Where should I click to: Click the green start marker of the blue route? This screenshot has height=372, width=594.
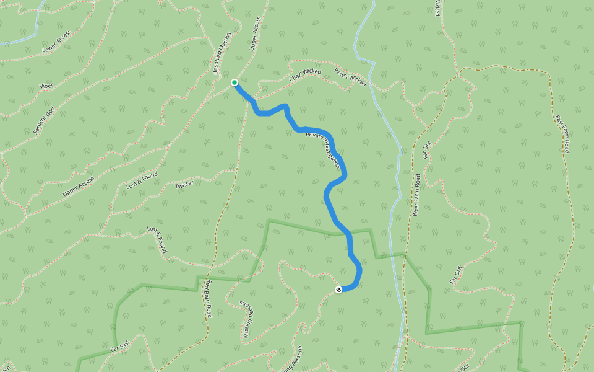tap(235, 82)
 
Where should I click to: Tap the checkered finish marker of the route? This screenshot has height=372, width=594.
tap(338, 290)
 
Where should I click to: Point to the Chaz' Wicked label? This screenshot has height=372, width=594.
tap(305, 76)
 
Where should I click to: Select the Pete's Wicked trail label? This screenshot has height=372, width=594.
tap(350, 77)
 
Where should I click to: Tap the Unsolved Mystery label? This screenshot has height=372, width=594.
tap(222, 53)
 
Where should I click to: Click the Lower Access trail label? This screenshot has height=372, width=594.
tap(57, 41)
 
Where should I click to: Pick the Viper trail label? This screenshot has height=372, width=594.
tap(46, 86)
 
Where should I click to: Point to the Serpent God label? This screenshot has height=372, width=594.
tap(44, 120)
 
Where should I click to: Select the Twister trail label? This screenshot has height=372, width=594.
tap(184, 185)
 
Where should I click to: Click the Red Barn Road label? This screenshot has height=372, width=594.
tap(209, 299)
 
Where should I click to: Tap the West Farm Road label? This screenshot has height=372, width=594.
tap(416, 195)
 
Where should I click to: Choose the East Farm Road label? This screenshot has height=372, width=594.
tap(562, 134)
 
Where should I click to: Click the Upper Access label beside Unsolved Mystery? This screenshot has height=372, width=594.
tap(254, 33)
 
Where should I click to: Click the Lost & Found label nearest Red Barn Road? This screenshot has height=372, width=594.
tap(157, 240)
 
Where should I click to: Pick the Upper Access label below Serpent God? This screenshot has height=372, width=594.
tap(79, 187)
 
